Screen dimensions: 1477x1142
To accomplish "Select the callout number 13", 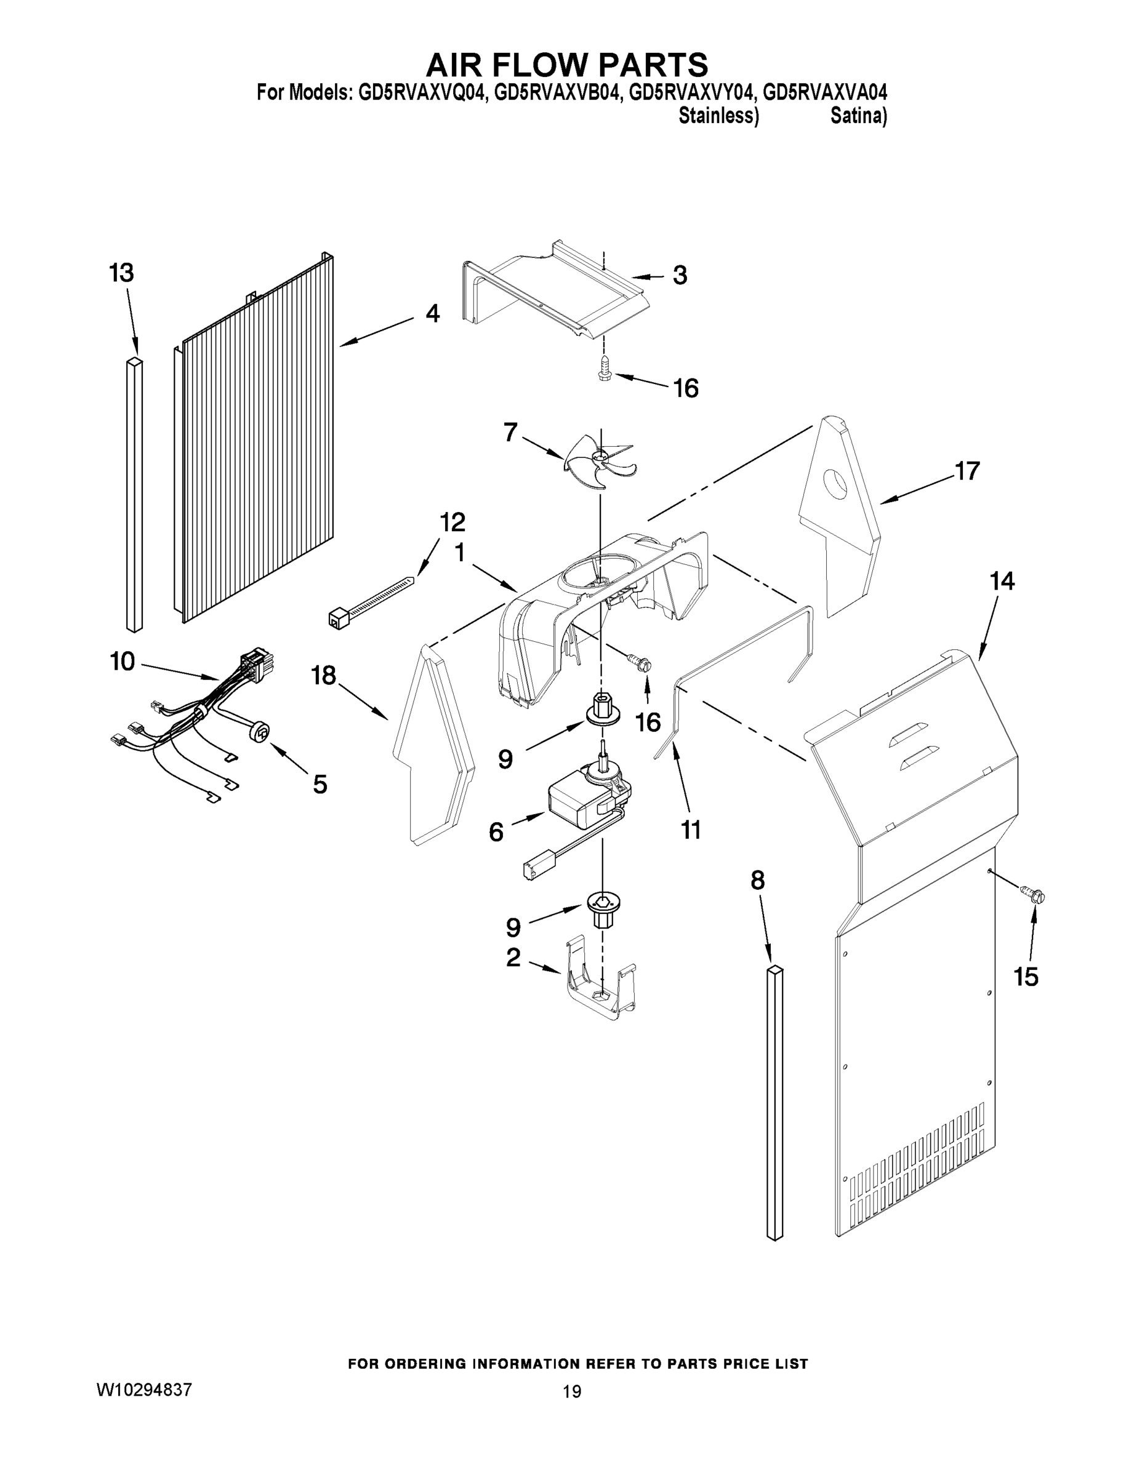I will point(122,273).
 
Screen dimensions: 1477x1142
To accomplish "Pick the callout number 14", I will point(1002,581).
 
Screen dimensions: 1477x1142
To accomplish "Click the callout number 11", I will point(691,829).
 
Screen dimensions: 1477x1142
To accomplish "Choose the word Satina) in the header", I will point(858,116).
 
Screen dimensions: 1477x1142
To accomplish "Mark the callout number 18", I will point(323,675).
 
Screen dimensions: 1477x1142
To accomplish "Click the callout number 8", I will point(758,881).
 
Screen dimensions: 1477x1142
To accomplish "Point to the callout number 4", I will point(433,313).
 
